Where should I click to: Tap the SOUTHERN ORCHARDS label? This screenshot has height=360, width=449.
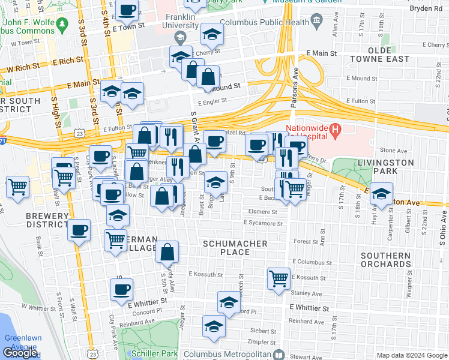[386, 259]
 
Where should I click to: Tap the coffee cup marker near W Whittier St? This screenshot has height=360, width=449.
[121, 290]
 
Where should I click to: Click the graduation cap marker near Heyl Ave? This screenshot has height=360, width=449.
[381, 194]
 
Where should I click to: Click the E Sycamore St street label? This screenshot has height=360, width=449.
[263, 223]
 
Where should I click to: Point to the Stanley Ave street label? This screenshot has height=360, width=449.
[306, 294]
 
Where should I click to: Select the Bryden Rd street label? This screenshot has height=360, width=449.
[426, 9]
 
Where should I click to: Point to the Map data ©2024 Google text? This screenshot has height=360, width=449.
[411, 355]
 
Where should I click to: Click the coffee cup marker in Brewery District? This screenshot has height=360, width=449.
[79, 230]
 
